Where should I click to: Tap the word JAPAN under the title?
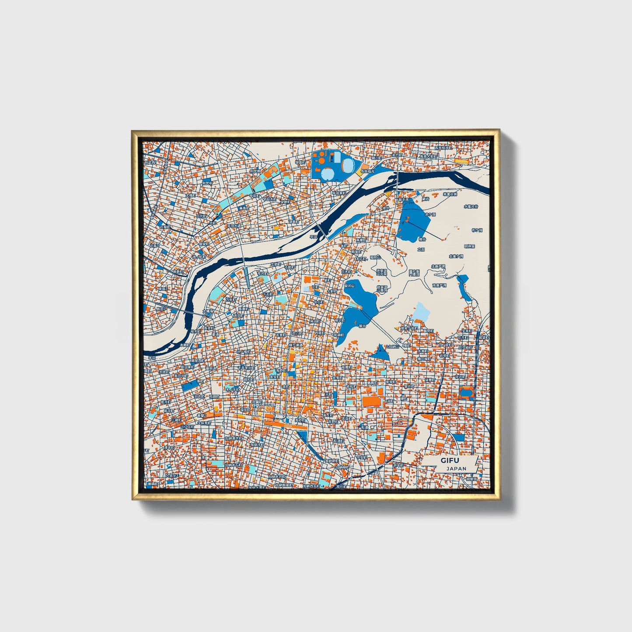coord(456,468)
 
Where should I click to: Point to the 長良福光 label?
coord(368,171)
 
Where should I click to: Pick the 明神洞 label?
coord(469,246)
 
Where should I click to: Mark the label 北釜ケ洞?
coord(455,256)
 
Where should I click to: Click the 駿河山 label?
coord(349,285)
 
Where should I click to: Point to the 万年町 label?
coord(230,300)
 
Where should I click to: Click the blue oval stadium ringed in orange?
coord(466,392)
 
